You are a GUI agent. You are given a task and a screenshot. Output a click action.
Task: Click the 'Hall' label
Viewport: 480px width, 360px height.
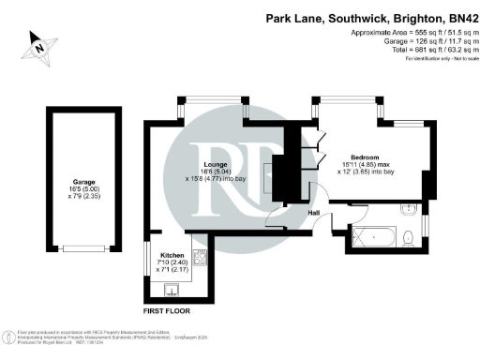tap(315, 213)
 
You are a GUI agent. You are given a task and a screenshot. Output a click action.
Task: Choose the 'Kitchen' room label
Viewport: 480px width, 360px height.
tap(172, 255)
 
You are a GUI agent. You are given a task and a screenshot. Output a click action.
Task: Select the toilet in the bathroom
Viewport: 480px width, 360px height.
tap(411, 237)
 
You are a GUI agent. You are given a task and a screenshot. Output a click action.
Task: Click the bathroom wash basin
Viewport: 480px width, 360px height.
tap(409, 207)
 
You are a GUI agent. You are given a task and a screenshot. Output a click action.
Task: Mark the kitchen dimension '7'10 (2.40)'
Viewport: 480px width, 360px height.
tap(172, 263)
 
